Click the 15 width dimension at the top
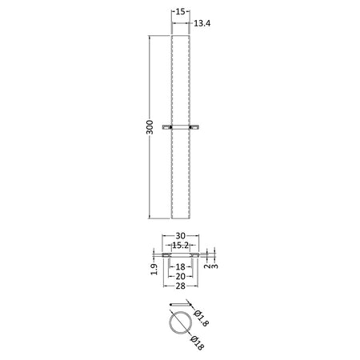click(x=181, y=11)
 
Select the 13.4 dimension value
click(x=202, y=23)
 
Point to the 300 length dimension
click(x=150, y=127)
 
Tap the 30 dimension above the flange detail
click(x=181, y=236)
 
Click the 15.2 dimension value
click(x=181, y=245)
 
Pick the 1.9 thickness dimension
click(x=154, y=269)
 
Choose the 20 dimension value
click(x=181, y=276)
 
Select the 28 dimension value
click(x=181, y=286)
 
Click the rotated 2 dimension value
click(x=207, y=266)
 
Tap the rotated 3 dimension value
click(x=214, y=266)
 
